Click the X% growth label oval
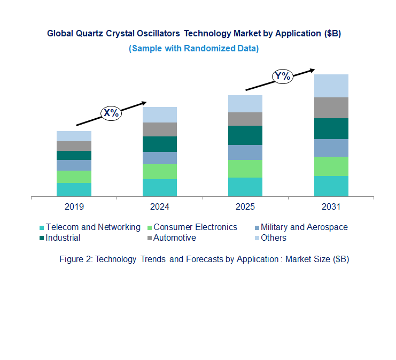click(112, 113)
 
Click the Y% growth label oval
click(283, 76)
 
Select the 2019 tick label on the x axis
click(74, 206)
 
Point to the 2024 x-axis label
click(159, 206)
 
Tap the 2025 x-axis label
click(245, 206)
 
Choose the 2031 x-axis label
click(331, 206)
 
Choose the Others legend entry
click(273, 238)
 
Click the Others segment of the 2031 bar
click(331, 86)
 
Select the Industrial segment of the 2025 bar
click(245, 135)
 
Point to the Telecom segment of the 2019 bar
click(74, 189)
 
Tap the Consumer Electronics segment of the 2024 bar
click(159, 172)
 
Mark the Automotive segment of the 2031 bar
click(331, 108)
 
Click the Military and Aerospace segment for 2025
click(245, 152)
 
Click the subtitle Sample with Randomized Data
click(193, 48)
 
